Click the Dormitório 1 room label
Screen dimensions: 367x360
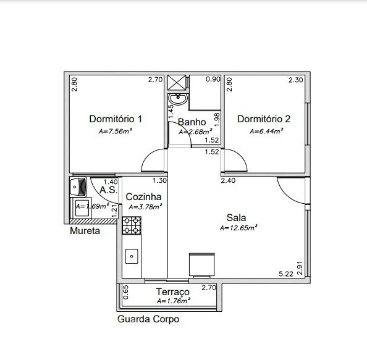(x=116, y=119)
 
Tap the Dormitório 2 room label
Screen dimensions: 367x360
(x=264, y=119)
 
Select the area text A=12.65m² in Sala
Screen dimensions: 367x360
(x=238, y=228)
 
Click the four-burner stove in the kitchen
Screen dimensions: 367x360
(x=132, y=225)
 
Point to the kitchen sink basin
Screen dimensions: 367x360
(x=132, y=256)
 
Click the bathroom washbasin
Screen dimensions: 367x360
(x=178, y=99)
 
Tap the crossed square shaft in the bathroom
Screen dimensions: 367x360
(x=177, y=83)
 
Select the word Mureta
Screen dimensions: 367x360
(x=85, y=231)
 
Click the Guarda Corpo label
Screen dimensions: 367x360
(x=148, y=319)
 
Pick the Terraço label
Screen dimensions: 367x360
(x=173, y=292)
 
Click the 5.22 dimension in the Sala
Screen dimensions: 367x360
(x=286, y=274)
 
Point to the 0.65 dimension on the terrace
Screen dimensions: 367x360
(x=125, y=292)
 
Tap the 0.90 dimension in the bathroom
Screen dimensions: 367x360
(x=213, y=79)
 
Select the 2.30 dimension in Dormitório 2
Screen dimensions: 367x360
(x=296, y=80)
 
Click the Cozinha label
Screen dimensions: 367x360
(x=143, y=197)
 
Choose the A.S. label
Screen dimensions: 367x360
(x=108, y=190)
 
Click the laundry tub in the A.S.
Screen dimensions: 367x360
(x=78, y=186)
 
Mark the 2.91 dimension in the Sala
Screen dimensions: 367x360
(x=300, y=268)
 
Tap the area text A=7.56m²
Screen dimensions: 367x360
(x=115, y=131)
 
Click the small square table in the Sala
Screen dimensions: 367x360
(x=202, y=265)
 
